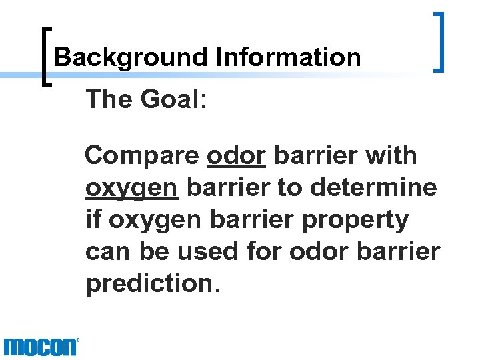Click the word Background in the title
pos(131,57)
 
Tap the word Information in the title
pos(289,57)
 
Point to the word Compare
pos(143,156)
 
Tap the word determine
pos(373,187)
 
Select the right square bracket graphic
pos(439,41)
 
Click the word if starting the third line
pos(93,219)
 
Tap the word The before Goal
pos(107,100)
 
